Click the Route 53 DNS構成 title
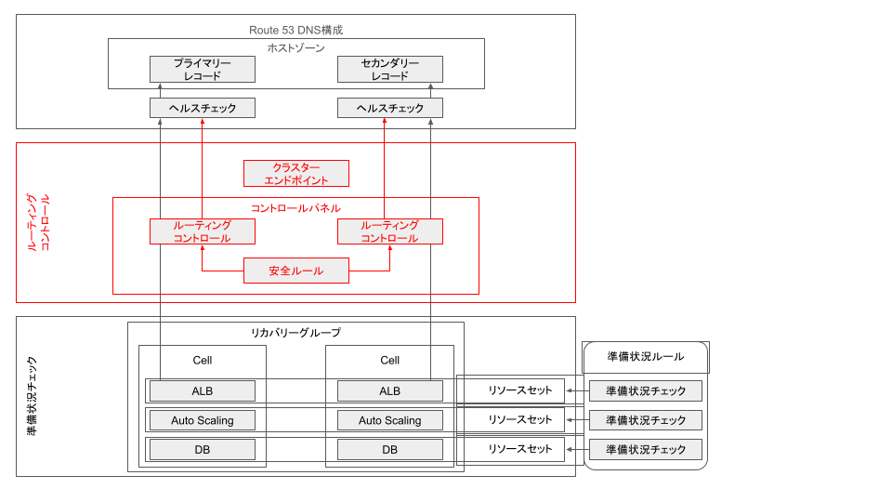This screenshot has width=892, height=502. click(x=295, y=31)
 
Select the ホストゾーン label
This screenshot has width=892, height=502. click(x=295, y=47)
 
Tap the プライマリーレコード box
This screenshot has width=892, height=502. click(x=202, y=69)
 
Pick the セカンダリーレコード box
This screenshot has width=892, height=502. click(x=389, y=69)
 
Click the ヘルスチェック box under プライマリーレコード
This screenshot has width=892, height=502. click(x=202, y=108)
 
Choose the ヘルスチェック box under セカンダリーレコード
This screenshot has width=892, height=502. click(x=389, y=108)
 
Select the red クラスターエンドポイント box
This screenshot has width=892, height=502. click(x=295, y=173)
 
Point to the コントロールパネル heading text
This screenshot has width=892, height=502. click(x=295, y=207)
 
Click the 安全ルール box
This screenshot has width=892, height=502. click(x=295, y=271)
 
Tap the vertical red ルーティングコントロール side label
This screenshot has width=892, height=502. click(x=38, y=222)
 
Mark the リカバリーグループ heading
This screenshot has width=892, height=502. click(x=295, y=332)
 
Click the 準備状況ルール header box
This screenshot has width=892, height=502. click(x=645, y=356)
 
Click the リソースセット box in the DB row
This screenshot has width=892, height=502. click(x=520, y=449)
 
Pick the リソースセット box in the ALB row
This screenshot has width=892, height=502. click(x=520, y=390)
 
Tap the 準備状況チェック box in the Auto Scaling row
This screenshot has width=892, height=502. click(x=645, y=420)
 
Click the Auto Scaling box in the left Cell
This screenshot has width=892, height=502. click(x=202, y=420)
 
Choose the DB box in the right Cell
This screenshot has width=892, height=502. click(x=389, y=449)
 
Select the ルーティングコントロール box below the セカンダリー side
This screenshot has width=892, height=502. click(x=389, y=231)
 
